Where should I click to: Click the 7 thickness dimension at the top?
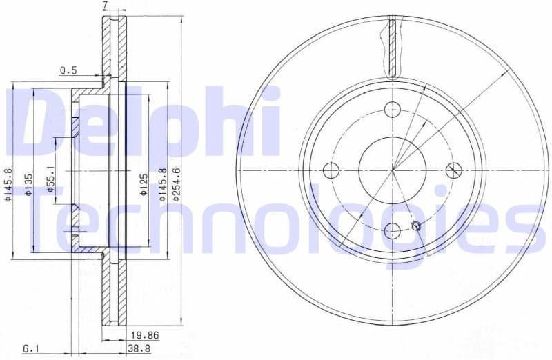pyautogui.click(x=105, y=6)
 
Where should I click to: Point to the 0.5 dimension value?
pyautogui.click(x=68, y=70)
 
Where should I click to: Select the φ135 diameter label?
pyautogui.click(x=29, y=183)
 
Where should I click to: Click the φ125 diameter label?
pyautogui.click(x=142, y=184)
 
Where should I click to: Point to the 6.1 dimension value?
pyautogui.click(x=31, y=350)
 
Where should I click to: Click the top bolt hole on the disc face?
pyautogui.click(x=393, y=109)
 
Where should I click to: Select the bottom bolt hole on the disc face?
pyautogui.click(x=393, y=230)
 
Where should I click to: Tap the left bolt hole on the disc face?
pyautogui.click(x=332, y=170)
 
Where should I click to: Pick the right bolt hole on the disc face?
pyautogui.click(x=453, y=170)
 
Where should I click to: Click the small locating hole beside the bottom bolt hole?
pyautogui.click(x=415, y=226)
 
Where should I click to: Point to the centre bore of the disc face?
pyautogui.click(x=393, y=170)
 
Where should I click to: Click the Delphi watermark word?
pyautogui.click(x=148, y=124)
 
